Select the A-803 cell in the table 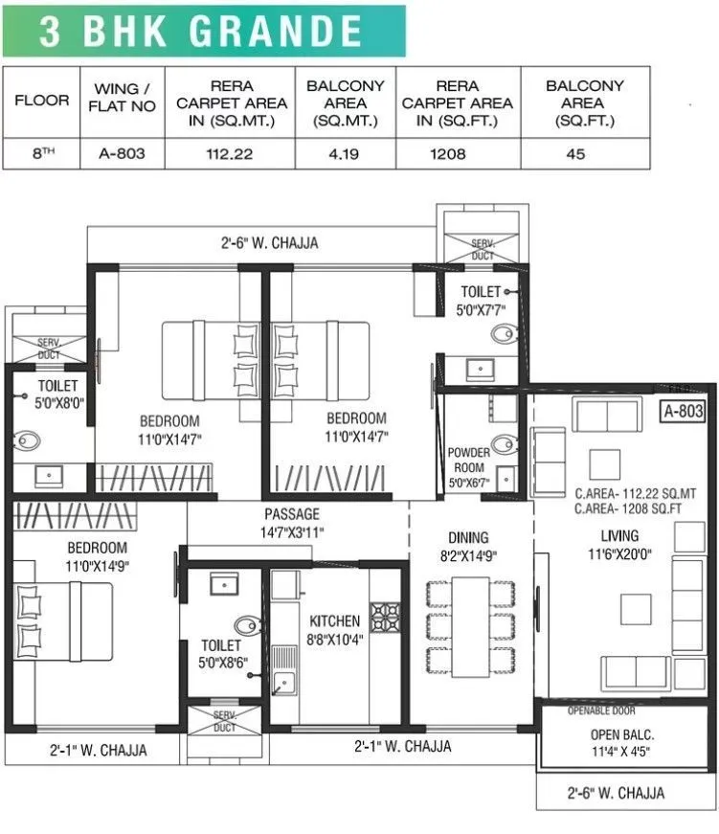click(123, 153)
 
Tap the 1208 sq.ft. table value click(458, 153)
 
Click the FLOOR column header click(41, 101)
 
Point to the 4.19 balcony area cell click(345, 153)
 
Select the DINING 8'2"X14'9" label click(467, 547)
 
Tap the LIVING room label click(619, 544)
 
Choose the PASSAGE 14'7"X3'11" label click(292, 524)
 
